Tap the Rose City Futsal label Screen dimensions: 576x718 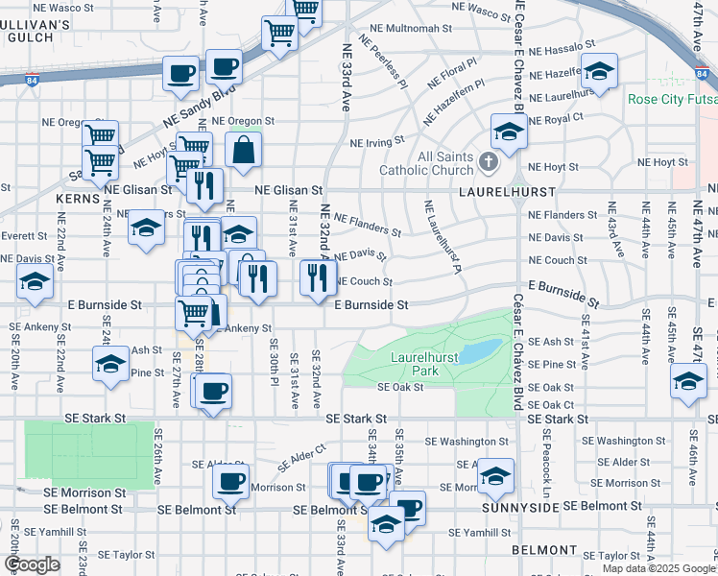[x=672, y=100]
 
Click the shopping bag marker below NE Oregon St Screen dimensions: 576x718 [x=244, y=149]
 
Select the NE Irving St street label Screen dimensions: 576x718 [x=377, y=142]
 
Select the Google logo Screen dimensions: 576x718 [x=32, y=564]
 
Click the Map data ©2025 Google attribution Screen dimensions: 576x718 [x=658, y=568]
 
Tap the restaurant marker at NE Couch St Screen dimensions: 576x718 [x=316, y=277]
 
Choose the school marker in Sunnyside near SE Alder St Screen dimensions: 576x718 [x=495, y=475]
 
